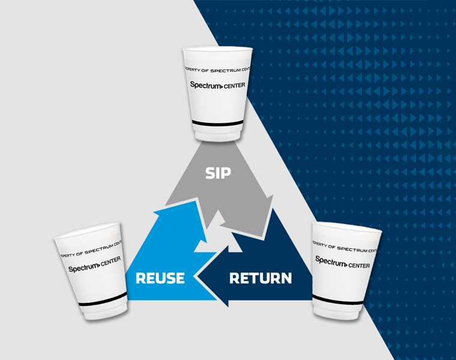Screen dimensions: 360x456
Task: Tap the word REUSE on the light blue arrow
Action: pos(160,278)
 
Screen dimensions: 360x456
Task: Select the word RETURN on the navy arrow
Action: pos(260,278)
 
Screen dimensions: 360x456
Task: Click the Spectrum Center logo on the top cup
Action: pos(218,85)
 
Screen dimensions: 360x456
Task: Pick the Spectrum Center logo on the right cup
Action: pos(343,262)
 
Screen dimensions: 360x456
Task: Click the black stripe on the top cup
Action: pos(218,124)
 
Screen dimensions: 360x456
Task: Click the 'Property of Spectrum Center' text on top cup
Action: pos(218,68)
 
